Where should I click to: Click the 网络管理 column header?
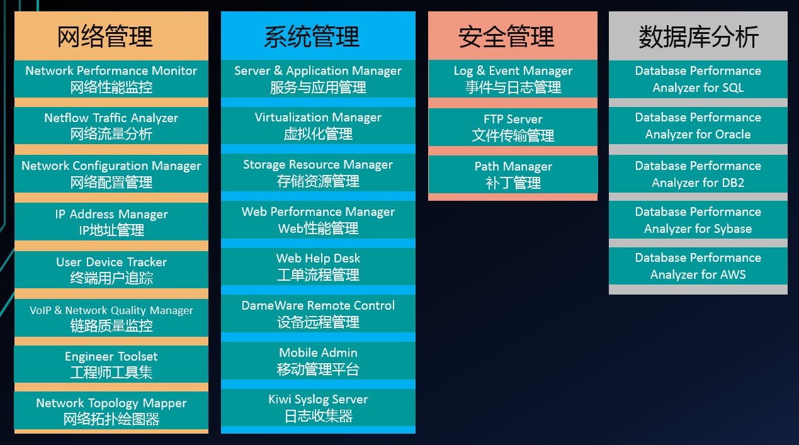pos(105,37)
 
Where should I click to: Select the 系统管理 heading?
pos(312,37)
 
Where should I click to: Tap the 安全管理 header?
pos(506,37)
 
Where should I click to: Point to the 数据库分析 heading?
pos(698,37)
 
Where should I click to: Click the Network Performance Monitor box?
pos(111,79)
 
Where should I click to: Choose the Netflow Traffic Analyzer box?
pos(111,125)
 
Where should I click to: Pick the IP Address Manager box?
pos(111,222)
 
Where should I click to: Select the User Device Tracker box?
pos(111,269)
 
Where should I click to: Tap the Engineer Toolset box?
pos(111,364)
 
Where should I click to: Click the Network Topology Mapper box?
pos(111,410)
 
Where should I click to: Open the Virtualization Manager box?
pos(318,125)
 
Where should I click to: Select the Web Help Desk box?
pos(318,266)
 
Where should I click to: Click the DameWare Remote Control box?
pos(318,313)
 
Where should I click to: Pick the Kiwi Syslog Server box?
pos(318,407)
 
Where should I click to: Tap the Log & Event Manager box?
pos(513,79)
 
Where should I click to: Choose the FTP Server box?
pos(513,127)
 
